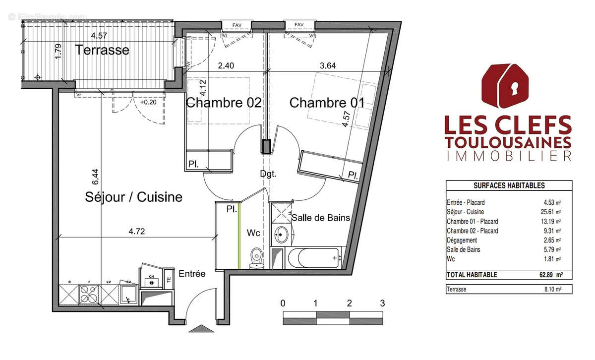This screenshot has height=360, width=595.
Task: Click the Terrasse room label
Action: click(102, 50)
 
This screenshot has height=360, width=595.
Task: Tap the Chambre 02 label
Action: click(223, 103)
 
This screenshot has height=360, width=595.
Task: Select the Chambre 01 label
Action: click(327, 103)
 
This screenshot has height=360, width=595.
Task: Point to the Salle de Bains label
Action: click(321, 218)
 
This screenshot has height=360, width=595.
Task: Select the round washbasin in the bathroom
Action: click(281, 234)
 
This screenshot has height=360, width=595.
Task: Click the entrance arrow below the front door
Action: click(202, 328)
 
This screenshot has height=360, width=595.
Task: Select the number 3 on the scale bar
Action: click(382, 303)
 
